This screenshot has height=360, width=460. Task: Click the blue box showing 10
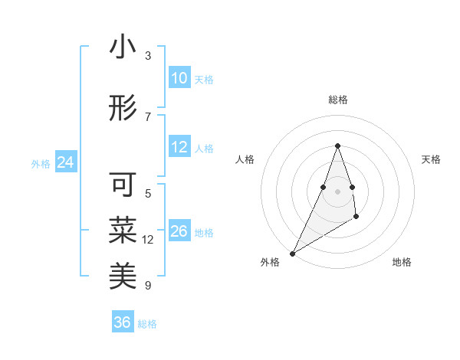point(179,78)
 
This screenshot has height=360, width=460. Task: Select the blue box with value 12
point(179,148)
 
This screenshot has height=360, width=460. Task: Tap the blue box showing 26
point(179,231)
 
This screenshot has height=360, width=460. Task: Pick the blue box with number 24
point(65,162)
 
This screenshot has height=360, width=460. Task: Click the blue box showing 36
point(123,322)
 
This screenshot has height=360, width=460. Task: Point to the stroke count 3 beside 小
point(148,56)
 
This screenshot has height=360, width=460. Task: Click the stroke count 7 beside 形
point(148,117)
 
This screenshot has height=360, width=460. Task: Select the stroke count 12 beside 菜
point(148,240)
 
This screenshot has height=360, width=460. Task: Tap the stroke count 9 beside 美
point(148,286)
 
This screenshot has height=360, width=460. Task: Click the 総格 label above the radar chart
point(338,100)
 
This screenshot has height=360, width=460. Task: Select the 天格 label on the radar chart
point(431,159)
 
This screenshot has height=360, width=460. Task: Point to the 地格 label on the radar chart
point(402,263)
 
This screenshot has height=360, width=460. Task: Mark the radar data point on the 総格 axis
point(338,146)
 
